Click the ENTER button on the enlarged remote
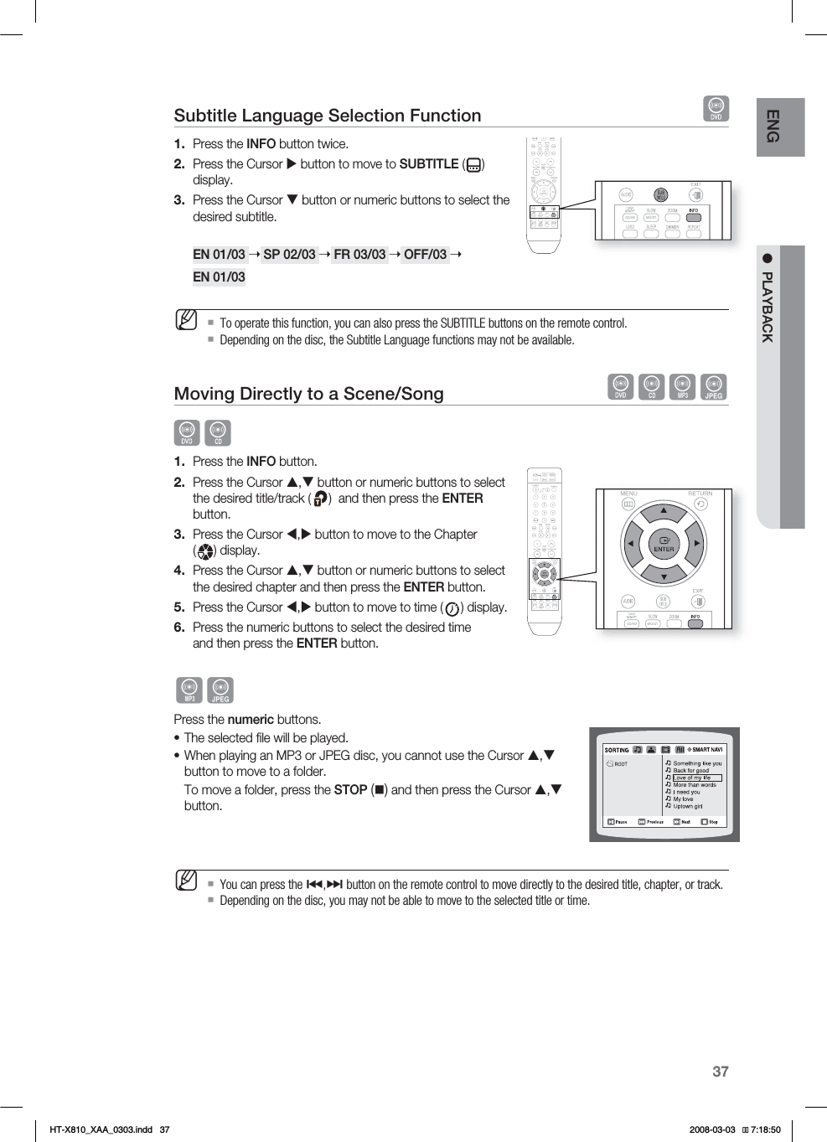664,544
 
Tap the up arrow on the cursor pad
664,510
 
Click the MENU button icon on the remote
628,504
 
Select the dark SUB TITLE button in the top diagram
661,195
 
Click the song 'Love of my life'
692,778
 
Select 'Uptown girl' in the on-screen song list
688,806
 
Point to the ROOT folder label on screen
620,764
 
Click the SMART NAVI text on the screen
706,750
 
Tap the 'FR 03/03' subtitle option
359,254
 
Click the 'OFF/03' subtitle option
425,254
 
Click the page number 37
721,1072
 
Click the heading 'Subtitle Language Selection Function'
328,116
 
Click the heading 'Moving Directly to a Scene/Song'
308,394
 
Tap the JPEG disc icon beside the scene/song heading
713,387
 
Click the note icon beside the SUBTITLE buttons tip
186,320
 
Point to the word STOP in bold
350,790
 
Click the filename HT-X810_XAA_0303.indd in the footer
101,1129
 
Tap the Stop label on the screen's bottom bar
712,822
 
